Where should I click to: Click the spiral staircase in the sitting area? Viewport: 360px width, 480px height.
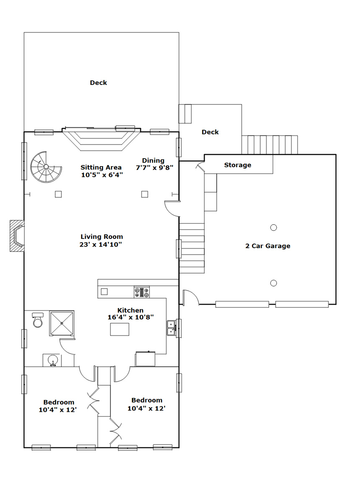tap(46, 167)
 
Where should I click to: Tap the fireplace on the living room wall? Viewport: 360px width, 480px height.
tap(18, 236)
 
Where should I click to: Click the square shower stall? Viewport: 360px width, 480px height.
tap(62, 323)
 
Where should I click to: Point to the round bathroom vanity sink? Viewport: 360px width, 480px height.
tap(53, 360)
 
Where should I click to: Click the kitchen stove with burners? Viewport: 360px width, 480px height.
tap(141, 292)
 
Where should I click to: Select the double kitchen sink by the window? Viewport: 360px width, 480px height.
tap(171, 328)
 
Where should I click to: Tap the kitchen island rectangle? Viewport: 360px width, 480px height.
tap(120, 329)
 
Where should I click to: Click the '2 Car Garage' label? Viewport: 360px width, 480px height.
tap(267, 246)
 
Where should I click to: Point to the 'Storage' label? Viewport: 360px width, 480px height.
tap(237, 165)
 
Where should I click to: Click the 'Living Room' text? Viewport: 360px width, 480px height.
tap(102, 236)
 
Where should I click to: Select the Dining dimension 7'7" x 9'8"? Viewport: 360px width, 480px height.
tap(154, 167)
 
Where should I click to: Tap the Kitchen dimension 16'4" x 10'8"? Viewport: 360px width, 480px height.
tap(131, 317)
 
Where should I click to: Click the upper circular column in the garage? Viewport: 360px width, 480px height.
tap(273, 228)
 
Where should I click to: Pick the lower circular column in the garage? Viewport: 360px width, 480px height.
tap(273, 283)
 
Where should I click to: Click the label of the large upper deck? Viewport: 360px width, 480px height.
tap(98, 83)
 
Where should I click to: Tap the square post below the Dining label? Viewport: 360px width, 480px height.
tap(144, 194)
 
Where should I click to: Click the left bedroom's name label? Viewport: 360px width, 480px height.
tap(59, 402)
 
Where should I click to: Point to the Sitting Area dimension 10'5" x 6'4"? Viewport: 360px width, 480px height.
tap(102, 175)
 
